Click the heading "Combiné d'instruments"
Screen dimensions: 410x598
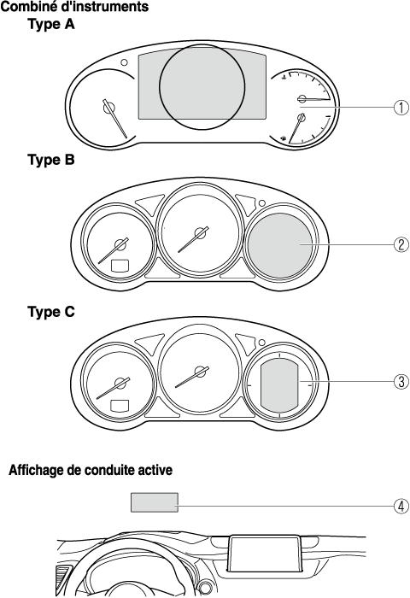[x=75, y=7]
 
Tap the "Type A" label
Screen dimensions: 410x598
[x=51, y=25]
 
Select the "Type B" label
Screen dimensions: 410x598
[x=51, y=160]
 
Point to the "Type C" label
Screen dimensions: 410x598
[x=51, y=312]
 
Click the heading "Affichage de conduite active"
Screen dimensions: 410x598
[x=91, y=470]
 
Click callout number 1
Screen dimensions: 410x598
[x=401, y=108]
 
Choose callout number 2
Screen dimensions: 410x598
[x=401, y=244]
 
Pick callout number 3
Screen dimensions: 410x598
[x=401, y=381]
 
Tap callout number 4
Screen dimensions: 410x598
[x=401, y=507]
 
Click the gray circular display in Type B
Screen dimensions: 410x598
[x=280, y=245]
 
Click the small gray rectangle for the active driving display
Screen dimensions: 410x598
[x=155, y=502]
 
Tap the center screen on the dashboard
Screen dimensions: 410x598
[x=266, y=554]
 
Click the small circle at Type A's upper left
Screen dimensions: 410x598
[x=124, y=62]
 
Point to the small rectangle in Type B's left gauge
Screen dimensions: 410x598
[x=120, y=265]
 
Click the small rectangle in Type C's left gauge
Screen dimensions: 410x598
[x=120, y=406]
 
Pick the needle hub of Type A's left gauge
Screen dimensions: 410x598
[x=108, y=108]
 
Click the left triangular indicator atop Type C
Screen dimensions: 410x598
[x=149, y=343]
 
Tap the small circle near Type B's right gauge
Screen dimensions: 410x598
[x=262, y=203]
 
